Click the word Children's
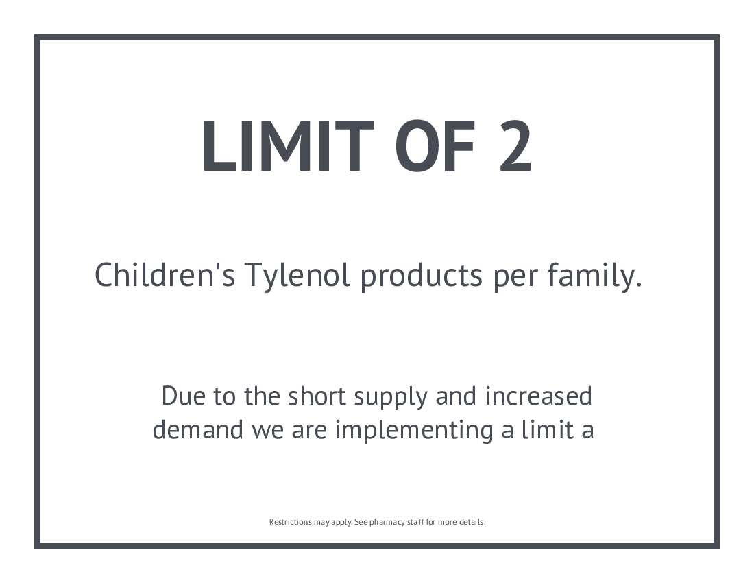coord(165,275)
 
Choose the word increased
coord(539,396)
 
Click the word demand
coord(197,429)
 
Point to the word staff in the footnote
coord(415,522)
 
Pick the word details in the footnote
coord(472,522)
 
